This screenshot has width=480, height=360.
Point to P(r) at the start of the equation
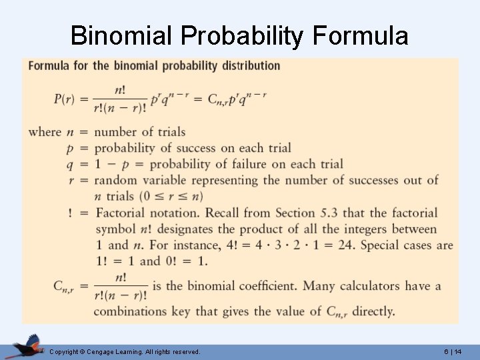(65, 99)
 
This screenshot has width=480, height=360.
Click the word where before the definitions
(45, 131)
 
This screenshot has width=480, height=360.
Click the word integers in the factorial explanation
(357, 229)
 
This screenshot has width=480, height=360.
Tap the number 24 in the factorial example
(343, 245)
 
